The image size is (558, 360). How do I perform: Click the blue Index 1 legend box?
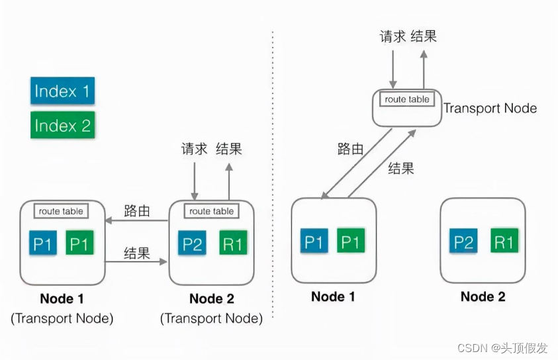[x=62, y=91]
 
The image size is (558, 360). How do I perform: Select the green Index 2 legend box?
[x=62, y=125]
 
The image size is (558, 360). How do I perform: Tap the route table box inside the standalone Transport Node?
[x=407, y=99]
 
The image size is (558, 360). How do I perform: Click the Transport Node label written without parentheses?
[x=490, y=108]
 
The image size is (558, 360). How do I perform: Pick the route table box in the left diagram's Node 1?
[x=61, y=211]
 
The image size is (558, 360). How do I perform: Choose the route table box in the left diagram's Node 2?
[x=211, y=211]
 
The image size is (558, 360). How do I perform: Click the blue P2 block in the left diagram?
[x=193, y=244]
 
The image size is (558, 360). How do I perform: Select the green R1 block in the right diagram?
[x=504, y=243]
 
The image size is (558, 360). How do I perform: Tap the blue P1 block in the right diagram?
[x=314, y=242]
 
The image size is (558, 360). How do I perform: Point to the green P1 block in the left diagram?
[x=79, y=244]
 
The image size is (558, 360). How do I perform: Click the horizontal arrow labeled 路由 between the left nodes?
[x=137, y=221]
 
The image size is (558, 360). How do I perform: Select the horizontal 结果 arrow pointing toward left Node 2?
[x=137, y=263]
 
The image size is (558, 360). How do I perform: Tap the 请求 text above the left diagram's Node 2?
[x=193, y=148]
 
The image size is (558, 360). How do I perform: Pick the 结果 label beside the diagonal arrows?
[x=400, y=168]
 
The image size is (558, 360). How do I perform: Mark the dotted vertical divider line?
[x=273, y=179]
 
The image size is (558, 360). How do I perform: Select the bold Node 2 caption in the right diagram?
[x=483, y=296]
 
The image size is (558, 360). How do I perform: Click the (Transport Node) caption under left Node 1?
[x=62, y=318]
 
